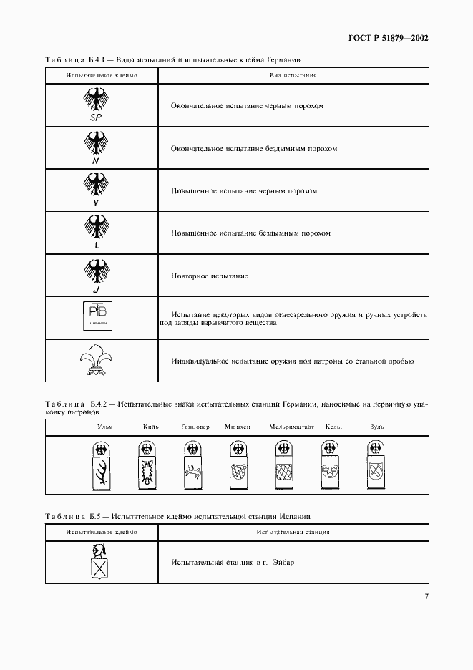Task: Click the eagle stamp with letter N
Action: click(96, 148)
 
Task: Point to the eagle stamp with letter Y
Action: click(96, 190)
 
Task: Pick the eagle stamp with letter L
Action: click(96, 233)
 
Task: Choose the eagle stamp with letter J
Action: click(96, 275)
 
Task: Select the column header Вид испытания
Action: click(293, 74)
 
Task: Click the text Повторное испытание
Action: click(210, 276)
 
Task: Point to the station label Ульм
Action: click(104, 427)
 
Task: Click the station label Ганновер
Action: click(195, 427)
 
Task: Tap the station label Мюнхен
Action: click(237, 427)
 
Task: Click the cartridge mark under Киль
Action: click(147, 465)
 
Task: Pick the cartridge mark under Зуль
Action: click(376, 465)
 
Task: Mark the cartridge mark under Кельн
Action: click(329, 465)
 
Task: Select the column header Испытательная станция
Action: click(293, 532)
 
